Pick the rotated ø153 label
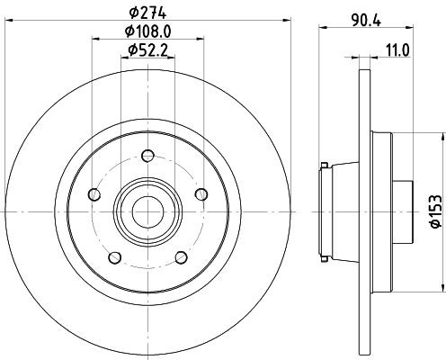point(435,209)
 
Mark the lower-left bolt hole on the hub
point(114,256)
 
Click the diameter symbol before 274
point(133,13)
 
